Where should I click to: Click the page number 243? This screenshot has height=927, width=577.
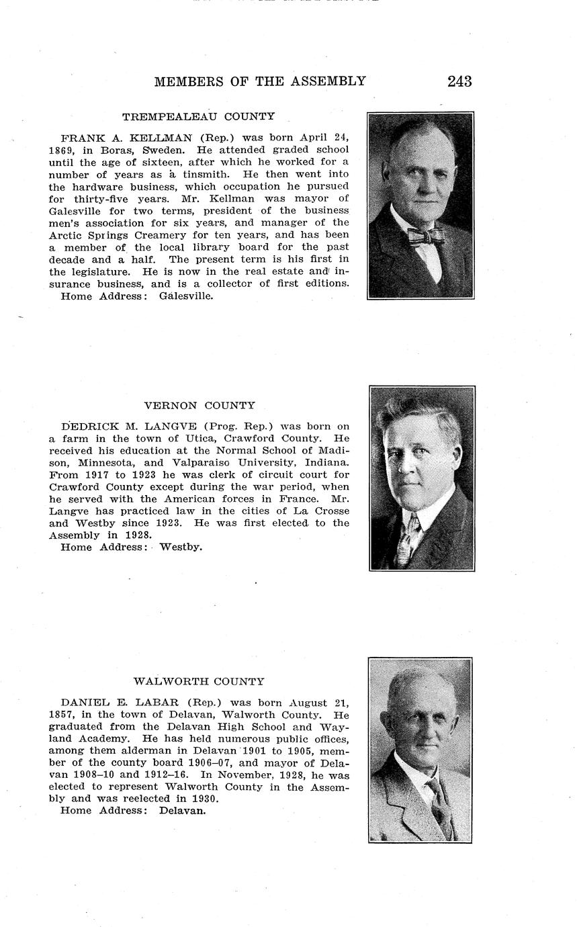pos(459,82)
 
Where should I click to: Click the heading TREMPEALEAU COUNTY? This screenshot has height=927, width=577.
pos(198,117)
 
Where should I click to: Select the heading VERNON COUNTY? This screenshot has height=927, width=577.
pos(199,406)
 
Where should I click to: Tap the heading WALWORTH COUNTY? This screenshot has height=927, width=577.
pos(199,682)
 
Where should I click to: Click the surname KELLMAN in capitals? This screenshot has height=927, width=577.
pos(165,138)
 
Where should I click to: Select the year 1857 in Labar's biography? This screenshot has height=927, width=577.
pos(62,715)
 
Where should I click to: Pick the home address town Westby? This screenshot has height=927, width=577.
pos(181,547)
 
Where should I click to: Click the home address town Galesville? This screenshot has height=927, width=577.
pos(186,296)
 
